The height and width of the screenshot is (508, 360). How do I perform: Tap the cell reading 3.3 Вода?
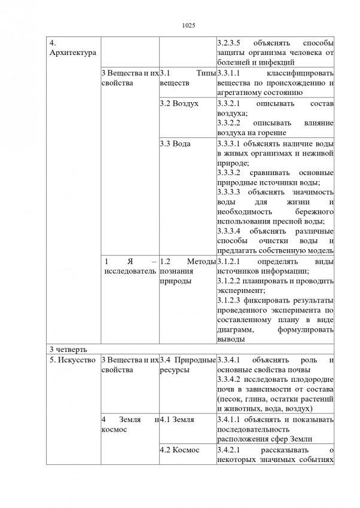[173, 144]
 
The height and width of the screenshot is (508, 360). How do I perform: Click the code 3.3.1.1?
[230, 73]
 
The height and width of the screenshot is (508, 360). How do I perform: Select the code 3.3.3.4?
[230, 231]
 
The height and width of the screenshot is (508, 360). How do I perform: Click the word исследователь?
[129, 271]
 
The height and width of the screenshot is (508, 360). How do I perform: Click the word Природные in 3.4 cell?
[198, 360]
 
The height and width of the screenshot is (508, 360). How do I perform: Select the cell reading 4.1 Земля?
[178, 420]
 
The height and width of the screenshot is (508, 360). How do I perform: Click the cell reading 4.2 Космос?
[180, 449]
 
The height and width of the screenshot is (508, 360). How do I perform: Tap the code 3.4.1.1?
[230, 420]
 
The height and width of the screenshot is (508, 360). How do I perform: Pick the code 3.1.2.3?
[230, 300]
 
